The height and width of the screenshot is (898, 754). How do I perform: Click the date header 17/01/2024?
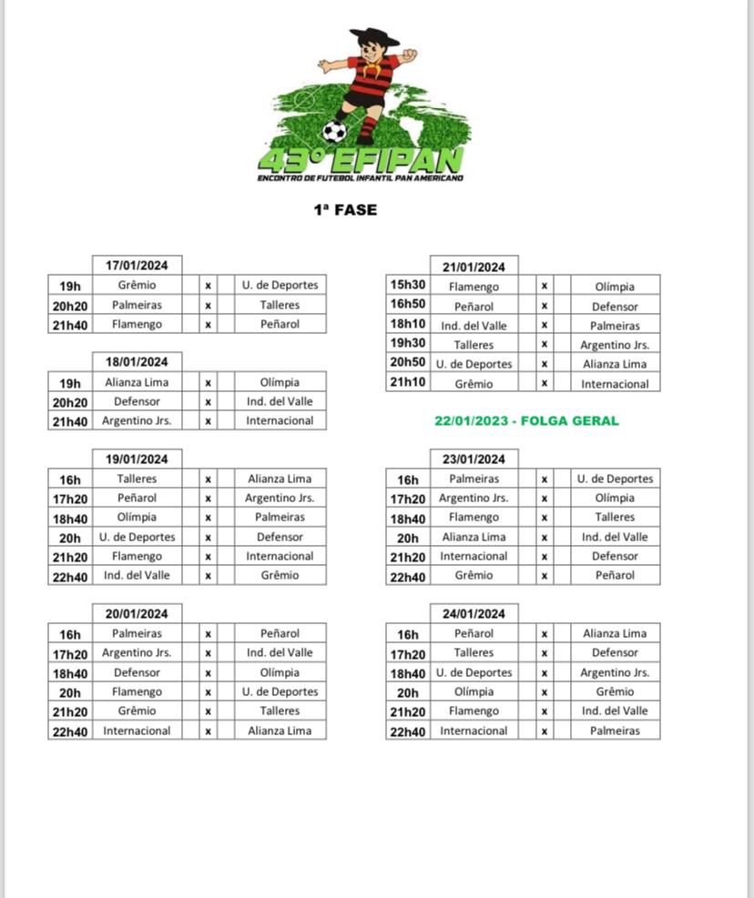point(138,266)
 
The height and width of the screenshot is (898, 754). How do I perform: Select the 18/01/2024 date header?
point(138,362)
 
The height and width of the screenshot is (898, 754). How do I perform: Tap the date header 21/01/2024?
point(474,267)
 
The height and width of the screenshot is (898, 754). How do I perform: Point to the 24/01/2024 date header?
point(474,613)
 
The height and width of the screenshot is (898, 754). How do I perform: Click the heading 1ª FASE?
point(345,210)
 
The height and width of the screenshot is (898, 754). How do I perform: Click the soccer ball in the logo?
point(335,132)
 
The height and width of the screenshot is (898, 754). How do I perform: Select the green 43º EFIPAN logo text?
point(362,160)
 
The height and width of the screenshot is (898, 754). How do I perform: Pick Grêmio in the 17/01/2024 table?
point(137,285)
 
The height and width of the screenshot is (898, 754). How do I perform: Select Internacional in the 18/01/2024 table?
point(280,420)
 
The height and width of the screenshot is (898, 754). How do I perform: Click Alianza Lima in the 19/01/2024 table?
point(280,479)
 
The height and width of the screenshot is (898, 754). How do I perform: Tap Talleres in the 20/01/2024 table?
point(280,711)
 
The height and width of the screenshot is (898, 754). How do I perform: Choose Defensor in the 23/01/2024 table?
point(615,556)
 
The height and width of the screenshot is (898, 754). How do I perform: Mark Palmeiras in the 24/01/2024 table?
point(615,731)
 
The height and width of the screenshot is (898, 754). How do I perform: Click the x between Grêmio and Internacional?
point(545,384)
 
